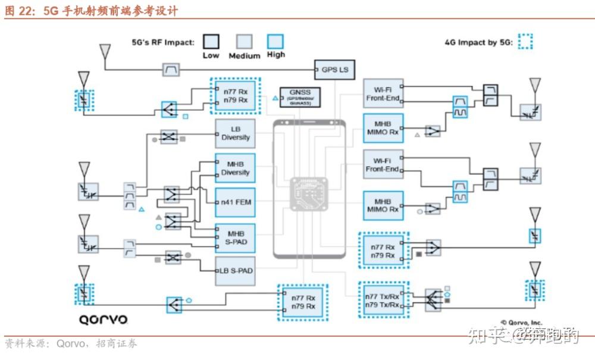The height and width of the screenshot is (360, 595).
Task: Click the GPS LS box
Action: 334,70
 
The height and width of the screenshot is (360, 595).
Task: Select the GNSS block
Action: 296,96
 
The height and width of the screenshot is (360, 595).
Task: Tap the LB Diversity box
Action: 236,133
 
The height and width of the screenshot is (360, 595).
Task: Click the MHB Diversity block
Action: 236,168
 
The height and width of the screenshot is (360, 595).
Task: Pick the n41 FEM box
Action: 236,202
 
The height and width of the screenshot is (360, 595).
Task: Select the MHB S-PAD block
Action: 236,237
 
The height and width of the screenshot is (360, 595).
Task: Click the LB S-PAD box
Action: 236,271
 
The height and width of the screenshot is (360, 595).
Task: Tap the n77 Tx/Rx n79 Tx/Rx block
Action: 383,300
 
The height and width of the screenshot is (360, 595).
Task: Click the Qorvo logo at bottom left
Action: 104,320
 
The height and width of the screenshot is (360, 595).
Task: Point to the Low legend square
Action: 211,42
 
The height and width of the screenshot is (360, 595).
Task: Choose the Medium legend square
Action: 244,42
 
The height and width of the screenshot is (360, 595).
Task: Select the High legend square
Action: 275,41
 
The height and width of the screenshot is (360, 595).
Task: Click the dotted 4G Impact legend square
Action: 525,42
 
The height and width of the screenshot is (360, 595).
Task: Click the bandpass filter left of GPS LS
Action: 171,70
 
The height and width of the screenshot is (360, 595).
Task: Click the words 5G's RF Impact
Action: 163,42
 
